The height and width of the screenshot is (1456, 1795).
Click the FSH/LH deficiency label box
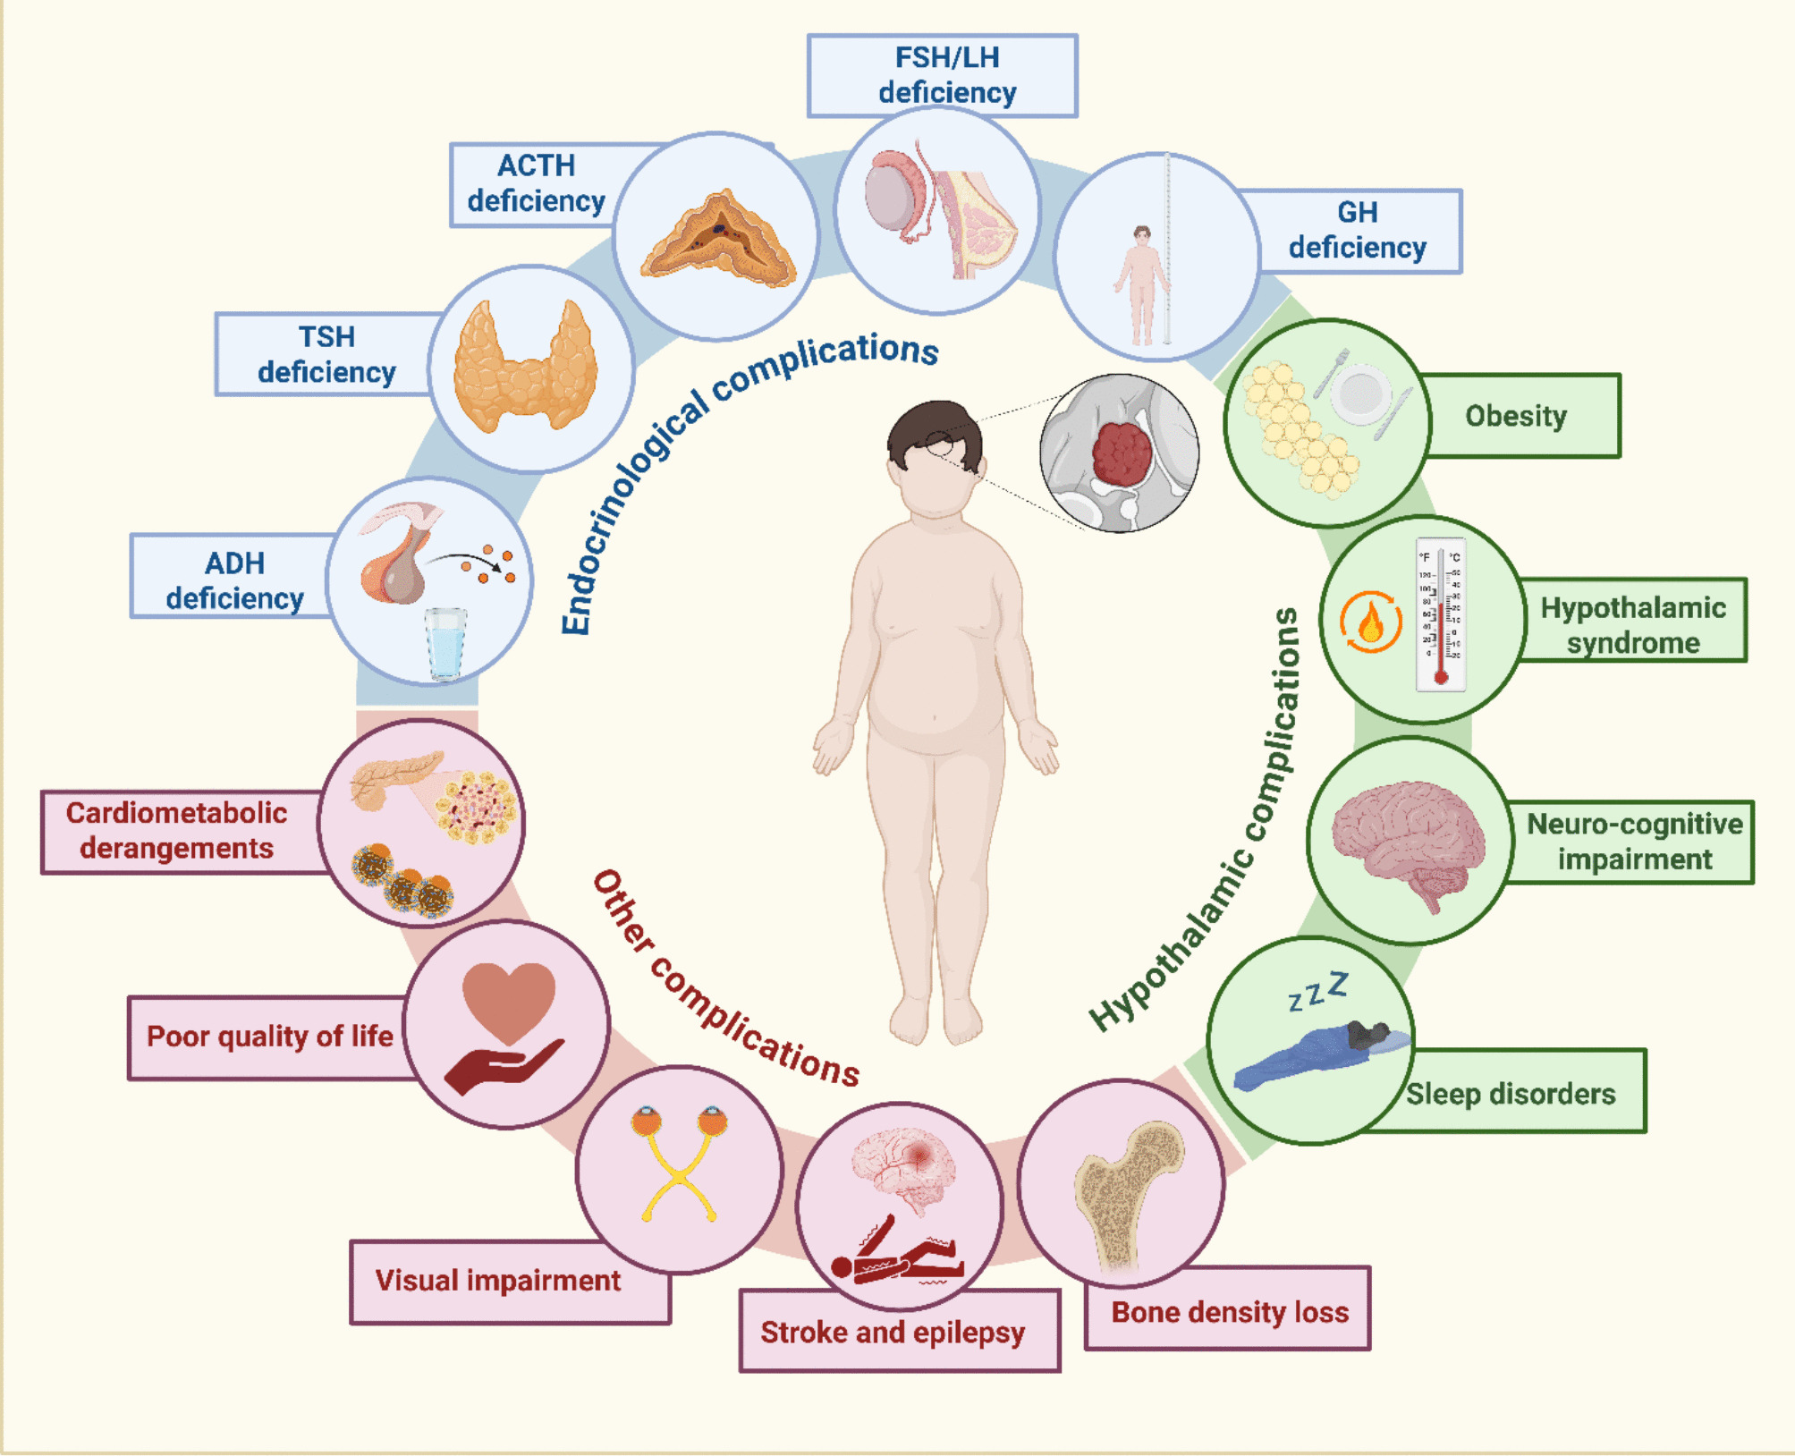coord(942,75)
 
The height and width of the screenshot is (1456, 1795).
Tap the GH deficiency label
coord(1357,231)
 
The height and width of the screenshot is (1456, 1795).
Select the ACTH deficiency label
coord(536,184)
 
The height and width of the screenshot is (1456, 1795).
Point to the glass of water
coord(445,642)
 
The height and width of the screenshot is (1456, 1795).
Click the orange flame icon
coord(1370,622)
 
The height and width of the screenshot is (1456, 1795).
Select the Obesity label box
coord(1517,416)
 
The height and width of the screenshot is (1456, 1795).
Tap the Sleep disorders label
coord(1511,1093)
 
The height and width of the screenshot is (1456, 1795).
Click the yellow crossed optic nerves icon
coord(680,1172)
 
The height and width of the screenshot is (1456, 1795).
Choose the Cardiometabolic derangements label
coord(177,831)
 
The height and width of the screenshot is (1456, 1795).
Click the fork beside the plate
coord(1332,373)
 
